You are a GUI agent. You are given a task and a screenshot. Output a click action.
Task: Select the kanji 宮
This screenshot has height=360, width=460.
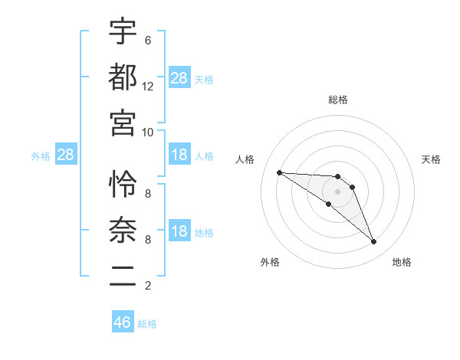[123, 121]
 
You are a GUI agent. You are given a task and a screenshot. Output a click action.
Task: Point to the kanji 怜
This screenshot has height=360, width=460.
[123, 184]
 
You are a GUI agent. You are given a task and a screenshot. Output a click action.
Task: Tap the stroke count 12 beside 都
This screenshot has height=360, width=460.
[148, 86]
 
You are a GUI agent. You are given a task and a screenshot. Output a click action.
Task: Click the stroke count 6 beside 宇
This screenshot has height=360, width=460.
[147, 40]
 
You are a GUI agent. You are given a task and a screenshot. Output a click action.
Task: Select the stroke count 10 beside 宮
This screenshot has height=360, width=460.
[148, 131]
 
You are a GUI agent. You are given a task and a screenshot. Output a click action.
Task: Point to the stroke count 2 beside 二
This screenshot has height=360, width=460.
[147, 285]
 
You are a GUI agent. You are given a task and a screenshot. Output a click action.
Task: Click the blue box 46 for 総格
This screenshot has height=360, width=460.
[123, 322]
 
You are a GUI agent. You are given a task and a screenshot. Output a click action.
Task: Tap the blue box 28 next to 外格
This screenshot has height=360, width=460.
[65, 155]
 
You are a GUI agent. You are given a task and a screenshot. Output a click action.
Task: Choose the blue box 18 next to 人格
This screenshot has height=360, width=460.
[179, 155]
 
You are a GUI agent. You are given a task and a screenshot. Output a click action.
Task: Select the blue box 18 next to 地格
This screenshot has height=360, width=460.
[179, 232]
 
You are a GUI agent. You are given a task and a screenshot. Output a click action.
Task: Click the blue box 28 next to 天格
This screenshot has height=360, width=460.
[179, 79]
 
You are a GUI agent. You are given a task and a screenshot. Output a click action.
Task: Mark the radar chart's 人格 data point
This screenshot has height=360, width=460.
[279, 172]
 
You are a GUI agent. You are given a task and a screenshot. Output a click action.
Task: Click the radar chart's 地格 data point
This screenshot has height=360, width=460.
[373, 241]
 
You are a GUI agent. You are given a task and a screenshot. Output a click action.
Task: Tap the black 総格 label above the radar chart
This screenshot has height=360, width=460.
[338, 100]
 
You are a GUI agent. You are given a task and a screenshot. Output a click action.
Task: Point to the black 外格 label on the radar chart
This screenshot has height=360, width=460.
[270, 262]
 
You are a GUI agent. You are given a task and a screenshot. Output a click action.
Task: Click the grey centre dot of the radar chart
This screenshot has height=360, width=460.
[338, 191]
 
